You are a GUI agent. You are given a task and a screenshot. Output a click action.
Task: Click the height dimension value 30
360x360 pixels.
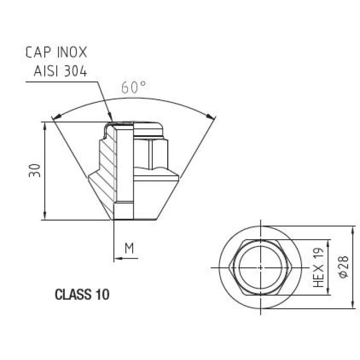[33, 171]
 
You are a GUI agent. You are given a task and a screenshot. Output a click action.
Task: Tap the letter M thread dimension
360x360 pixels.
[129, 248]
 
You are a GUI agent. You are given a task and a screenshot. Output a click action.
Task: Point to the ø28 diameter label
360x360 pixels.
[344, 267]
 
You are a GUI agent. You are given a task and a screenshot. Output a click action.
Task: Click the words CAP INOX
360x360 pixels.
[57, 52]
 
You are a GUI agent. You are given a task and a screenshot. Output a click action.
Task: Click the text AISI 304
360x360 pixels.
[60, 71]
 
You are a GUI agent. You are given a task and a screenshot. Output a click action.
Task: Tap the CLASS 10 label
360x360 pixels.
[82, 295]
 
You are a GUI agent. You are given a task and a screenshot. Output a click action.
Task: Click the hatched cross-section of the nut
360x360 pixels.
[107, 165]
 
